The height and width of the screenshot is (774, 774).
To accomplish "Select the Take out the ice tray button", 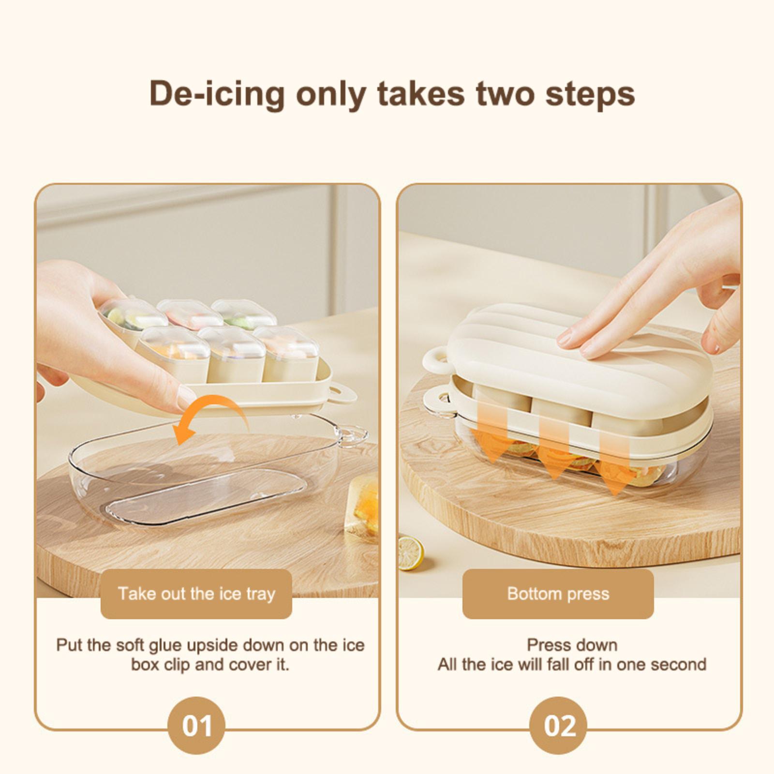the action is click(x=196, y=594).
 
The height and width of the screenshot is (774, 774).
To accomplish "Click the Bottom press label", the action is click(x=558, y=594).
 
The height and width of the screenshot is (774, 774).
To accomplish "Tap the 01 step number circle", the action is click(x=196, y=726).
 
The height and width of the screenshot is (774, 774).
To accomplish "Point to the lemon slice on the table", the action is click(x=410, y=552).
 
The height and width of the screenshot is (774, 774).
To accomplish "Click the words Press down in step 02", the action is click(x=572, y=645).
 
